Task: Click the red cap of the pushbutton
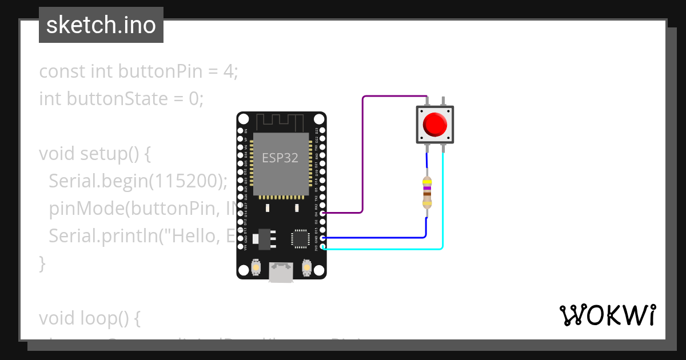point(434,124)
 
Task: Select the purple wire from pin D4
point(362,154)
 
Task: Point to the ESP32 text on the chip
point(280,158)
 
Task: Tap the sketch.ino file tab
point(101,25)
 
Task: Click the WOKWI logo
point(607,315)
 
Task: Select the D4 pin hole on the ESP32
point(323,213)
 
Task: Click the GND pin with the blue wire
point(323,238)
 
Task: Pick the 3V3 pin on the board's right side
point(323,247)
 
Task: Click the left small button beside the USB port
point(257,267)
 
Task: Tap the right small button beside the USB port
point(306,267)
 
